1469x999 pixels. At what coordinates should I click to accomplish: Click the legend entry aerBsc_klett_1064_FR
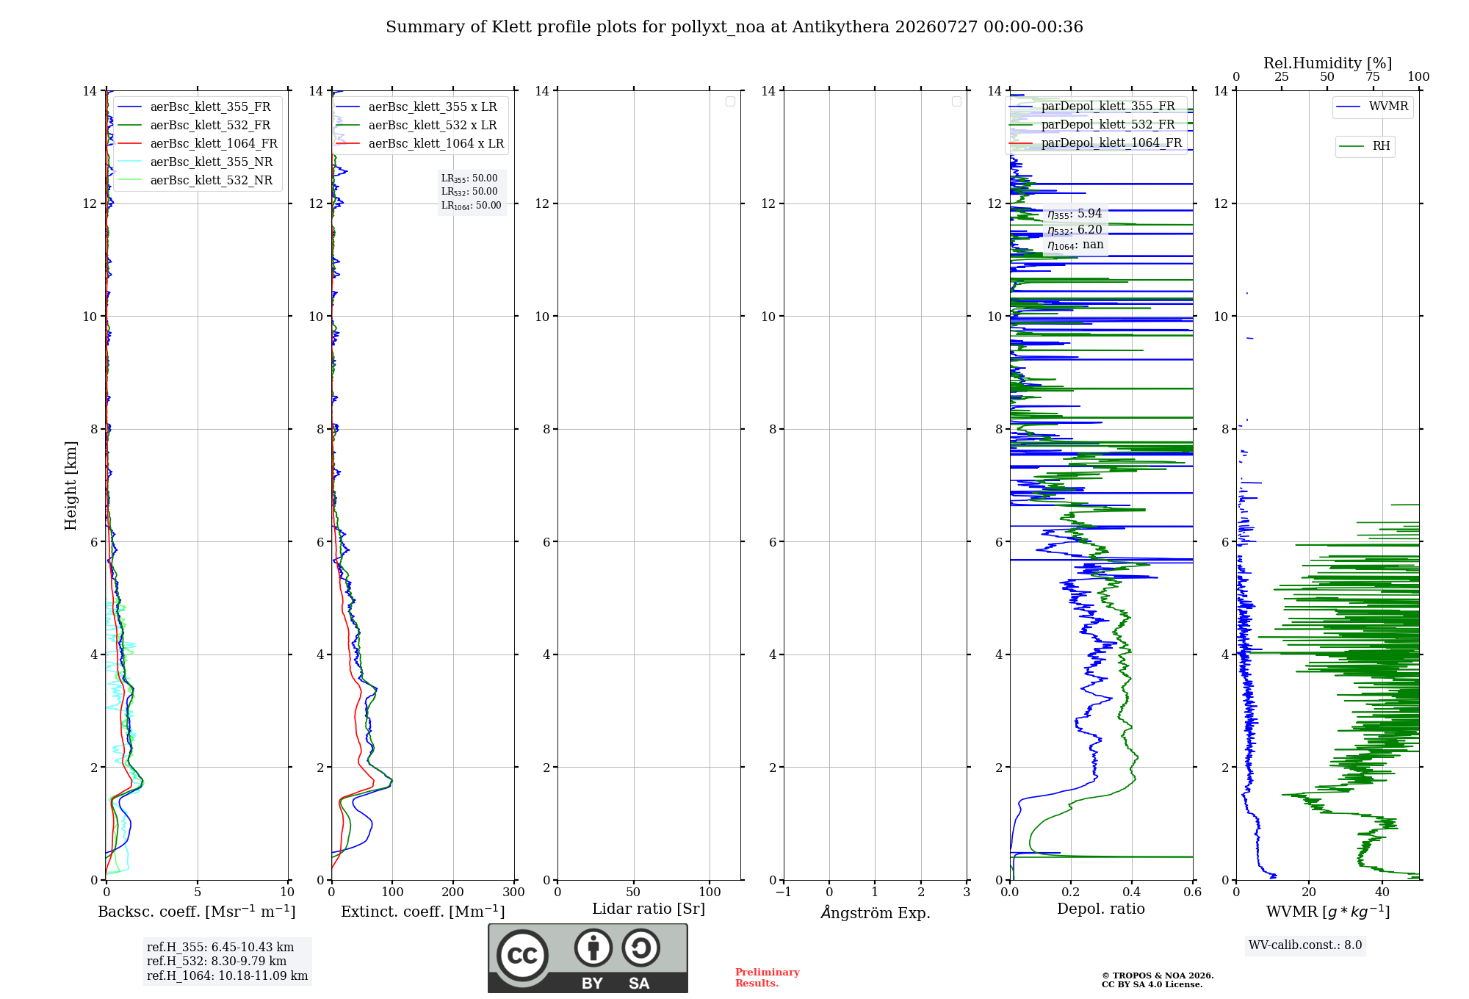point(198,143)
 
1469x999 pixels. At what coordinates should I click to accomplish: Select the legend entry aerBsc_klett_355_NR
point(195,162)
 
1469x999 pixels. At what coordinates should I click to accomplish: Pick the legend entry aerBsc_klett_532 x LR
point(416,125)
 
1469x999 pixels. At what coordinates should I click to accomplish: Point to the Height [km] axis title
point(71,486)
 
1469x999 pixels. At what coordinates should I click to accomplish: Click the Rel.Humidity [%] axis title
point(1327,63)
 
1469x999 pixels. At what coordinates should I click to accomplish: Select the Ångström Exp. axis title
point(876,912)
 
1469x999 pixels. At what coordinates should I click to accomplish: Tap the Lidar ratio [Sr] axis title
point(649,909)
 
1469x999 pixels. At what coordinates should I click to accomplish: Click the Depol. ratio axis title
point(1101,909)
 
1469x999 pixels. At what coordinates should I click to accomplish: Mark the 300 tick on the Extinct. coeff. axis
point(513,892)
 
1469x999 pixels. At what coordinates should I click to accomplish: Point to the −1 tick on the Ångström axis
point(784,892)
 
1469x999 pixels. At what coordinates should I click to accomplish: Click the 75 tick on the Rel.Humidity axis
point(1372,76)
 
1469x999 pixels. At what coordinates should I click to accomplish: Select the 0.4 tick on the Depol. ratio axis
point(1132,892)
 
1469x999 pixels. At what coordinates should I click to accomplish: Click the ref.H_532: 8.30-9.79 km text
point(217,961)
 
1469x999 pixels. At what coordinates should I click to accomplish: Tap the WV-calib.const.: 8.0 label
point(1305,945)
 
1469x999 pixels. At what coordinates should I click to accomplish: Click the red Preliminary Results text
point(768,978)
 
